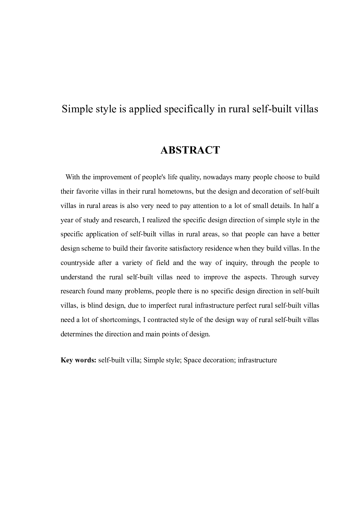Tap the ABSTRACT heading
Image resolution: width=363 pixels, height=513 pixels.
(x=190, y=150)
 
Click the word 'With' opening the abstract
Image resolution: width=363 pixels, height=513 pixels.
(x=73, y=177)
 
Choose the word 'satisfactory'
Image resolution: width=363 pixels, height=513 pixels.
(x=178, y=249)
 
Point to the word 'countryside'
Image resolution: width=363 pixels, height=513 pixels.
(x=78, y=263)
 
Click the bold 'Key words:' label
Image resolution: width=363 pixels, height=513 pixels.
(x=78, y=360)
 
